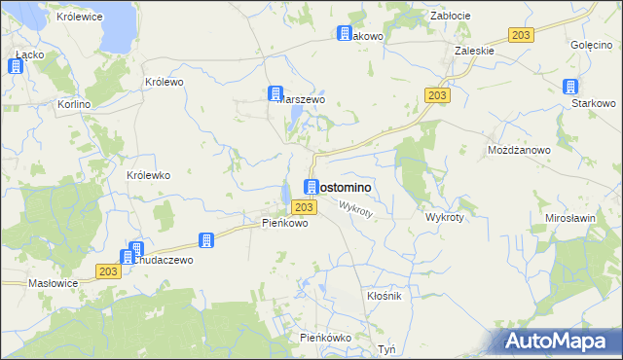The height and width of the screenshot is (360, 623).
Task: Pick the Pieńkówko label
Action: click(325, 338)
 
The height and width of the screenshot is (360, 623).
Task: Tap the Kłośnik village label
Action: click(384, 296)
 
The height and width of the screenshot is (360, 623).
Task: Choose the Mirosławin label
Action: click(570, 219)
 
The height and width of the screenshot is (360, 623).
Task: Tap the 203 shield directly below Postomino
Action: click(303, 207)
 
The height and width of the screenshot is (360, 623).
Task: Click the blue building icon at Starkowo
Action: click(570, 87)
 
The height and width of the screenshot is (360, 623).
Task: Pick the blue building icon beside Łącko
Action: click(16, 66)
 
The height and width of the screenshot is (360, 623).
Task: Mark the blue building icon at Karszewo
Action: click(275, 93)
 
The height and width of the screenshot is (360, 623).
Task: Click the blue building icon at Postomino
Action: click(311, 187)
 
